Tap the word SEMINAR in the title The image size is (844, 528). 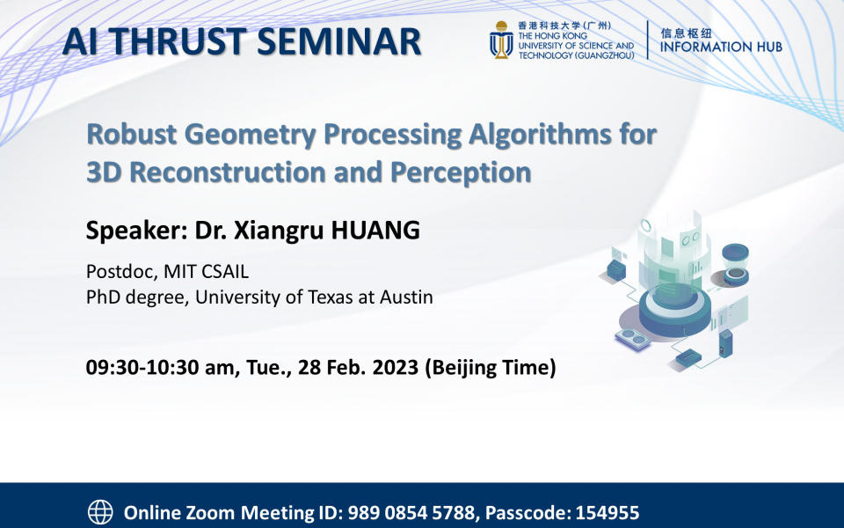[346, 41]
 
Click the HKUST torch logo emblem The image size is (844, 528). [502, 40]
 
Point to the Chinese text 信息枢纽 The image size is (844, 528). [686, 31]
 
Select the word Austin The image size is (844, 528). [404, 297]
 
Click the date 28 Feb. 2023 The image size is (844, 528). [350, 367]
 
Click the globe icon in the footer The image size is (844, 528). [101, 511]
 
